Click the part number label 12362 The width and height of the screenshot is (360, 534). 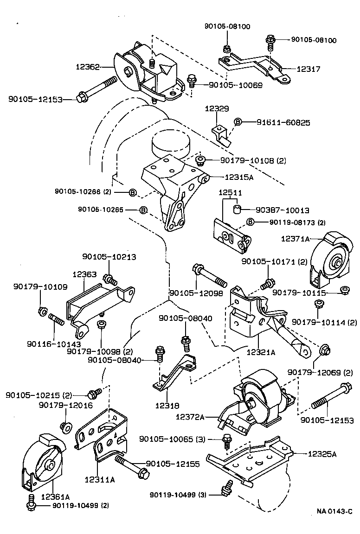pyautogui.click(x=88, y=67)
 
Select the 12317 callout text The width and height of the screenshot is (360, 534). pyautogui.click(x=309, y=69)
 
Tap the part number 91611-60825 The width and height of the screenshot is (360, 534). pyautogui.click(x=283, y=122)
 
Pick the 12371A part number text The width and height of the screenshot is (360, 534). pyautogui.click(x=295, y=239)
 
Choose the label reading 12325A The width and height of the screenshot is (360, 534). pyautogui.click(x=322, y=454)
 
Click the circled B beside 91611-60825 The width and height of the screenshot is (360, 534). pyautogui.click(x=238, y=122)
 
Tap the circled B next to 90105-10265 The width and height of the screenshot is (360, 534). pyautogui.click(x=143, y=210)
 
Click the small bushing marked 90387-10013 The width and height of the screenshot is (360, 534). pyautogui.click(x=237, y=209)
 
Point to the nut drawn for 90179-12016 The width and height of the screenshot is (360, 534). pyautogui.click(x=65, y=425)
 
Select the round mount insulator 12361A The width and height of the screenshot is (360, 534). pyautogui.click(x=44, y=464)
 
